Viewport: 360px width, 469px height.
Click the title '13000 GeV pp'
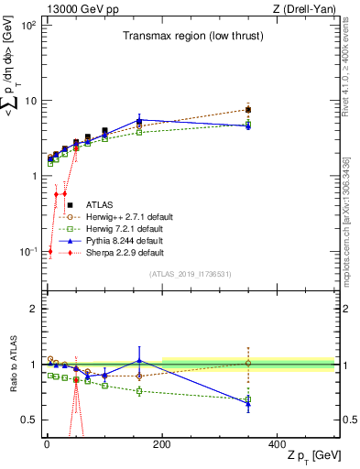pos(71,8)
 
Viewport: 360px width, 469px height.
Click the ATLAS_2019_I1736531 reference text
pos(190,273)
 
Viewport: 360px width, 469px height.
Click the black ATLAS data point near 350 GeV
pos(248,110)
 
